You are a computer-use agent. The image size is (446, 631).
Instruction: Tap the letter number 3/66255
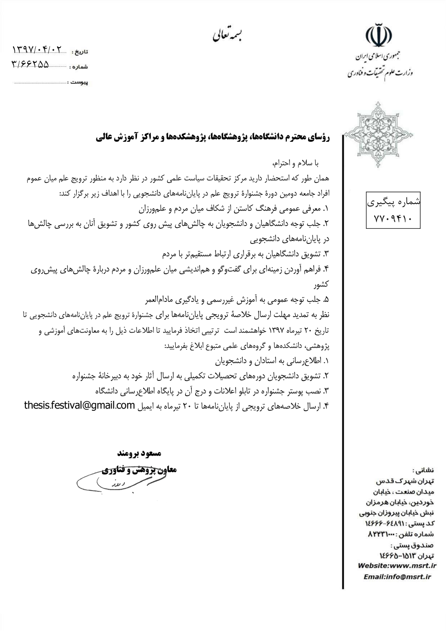point(31,65)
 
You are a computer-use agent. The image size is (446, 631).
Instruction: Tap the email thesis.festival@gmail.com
point(79,405)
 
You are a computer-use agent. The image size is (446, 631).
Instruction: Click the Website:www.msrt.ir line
point(397,566)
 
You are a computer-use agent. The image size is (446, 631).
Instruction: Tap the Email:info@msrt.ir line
point(397,577)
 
